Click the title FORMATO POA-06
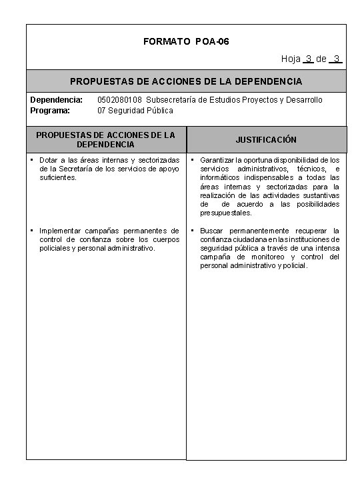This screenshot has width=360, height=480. [186, 42]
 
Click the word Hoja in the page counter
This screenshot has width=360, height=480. [291, 59]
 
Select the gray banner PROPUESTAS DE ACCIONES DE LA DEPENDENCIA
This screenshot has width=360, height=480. [186, 81]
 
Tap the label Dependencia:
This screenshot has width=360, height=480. [56, 100]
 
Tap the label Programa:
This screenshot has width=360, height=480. [50, 110]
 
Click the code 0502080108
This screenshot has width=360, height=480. [119, 100]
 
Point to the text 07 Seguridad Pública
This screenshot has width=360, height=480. [135, 110]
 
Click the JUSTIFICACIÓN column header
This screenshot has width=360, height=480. [266, 140]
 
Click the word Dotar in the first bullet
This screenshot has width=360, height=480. [50, 160]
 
